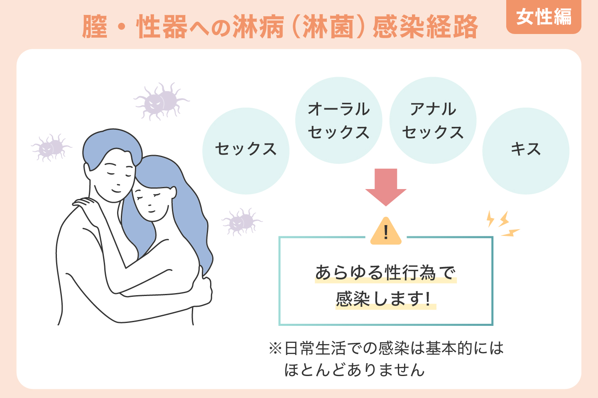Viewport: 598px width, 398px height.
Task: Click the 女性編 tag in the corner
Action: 544,17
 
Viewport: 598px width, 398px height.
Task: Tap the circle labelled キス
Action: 526,151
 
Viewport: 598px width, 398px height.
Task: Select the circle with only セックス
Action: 246,151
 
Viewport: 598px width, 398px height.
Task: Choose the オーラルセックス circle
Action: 339,120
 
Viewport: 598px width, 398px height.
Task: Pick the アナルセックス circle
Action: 433,120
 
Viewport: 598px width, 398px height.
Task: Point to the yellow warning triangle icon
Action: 386,231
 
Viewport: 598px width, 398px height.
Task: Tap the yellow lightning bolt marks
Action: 503,224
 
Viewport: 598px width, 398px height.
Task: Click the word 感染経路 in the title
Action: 426,27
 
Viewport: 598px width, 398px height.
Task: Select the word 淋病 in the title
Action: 258,27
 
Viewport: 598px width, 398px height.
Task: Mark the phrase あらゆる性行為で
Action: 385,273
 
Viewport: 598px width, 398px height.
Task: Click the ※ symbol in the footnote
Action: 275,348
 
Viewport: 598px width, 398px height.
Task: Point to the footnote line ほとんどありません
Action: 354,370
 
